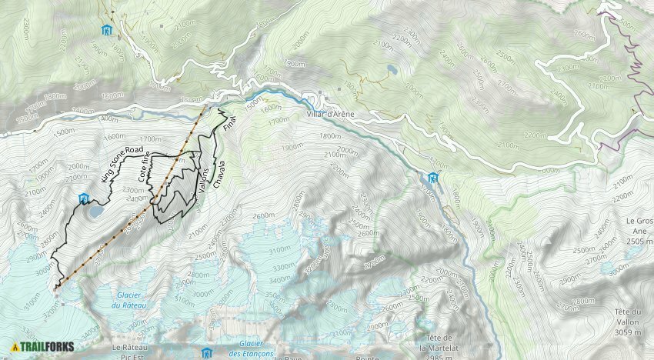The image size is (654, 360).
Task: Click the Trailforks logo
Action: click(x=43, y=347)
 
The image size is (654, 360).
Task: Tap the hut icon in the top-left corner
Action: click(x=105, y=30)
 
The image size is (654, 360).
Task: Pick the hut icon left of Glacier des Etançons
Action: click(x=205, y=353)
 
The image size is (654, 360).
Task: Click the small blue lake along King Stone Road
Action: click(x=96, y=210)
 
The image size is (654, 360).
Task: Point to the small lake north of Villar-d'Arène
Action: click(x=392, y=69)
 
